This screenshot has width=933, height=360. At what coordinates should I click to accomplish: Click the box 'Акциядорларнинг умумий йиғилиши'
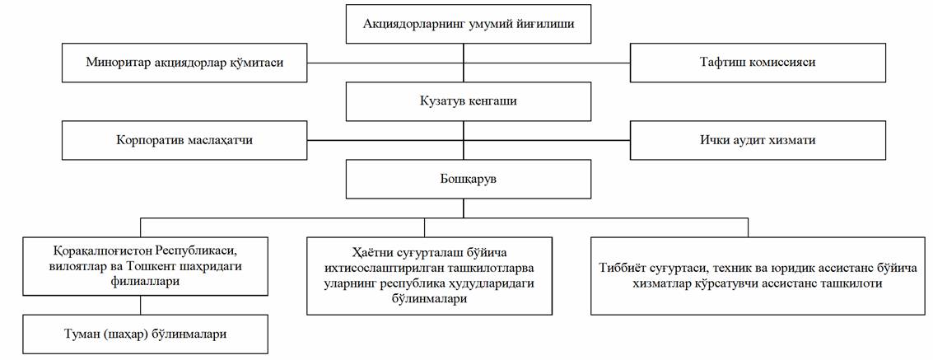[x=468, y=24]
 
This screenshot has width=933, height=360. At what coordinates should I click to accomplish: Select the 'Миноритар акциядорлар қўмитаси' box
[x=184, y=63]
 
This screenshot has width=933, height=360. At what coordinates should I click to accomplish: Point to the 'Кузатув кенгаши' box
[x=468, y=101]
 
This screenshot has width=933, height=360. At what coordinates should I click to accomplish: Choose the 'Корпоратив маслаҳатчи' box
[x=184, y=140]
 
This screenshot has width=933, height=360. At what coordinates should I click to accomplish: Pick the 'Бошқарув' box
[x=468, y=179]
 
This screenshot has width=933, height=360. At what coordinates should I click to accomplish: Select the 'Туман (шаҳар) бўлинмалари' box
[x=146, y=334]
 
